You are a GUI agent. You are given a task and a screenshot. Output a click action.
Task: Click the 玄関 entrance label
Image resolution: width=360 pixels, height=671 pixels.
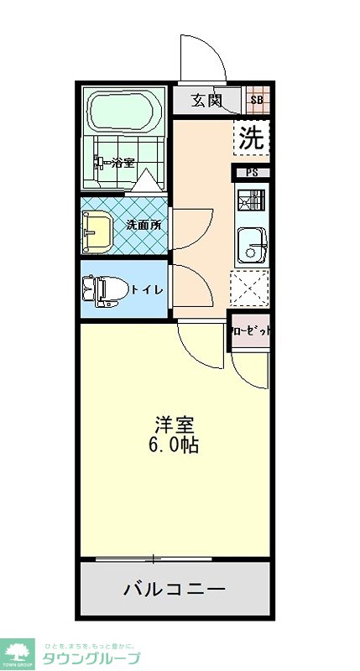point(205,101)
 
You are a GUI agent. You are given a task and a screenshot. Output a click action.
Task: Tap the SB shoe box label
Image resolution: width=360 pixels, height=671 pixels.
point(258,101)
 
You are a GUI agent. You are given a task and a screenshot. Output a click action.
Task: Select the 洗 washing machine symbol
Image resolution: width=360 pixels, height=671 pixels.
point(250,138)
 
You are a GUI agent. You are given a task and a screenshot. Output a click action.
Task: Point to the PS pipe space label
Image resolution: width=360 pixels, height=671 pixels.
point(252,174)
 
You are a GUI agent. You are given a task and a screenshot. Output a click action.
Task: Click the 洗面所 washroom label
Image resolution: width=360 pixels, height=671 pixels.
point(143,225)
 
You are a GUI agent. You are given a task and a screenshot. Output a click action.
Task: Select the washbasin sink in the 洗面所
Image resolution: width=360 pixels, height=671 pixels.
point(97,228)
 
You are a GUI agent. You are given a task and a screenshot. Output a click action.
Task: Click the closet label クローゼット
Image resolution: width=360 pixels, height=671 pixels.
point(251,330)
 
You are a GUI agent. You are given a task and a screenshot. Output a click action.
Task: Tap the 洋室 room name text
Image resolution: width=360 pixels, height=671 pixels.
point(175,424)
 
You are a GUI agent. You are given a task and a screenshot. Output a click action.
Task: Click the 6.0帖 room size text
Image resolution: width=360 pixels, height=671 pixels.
point(175,445)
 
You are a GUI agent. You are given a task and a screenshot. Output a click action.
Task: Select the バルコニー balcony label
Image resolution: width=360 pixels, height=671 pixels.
point(175,590)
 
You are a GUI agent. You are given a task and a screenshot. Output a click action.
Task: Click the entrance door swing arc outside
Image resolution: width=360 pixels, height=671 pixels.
point(201,59)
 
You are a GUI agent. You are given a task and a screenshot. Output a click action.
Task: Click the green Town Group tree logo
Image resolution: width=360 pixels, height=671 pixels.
point(18,651)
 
